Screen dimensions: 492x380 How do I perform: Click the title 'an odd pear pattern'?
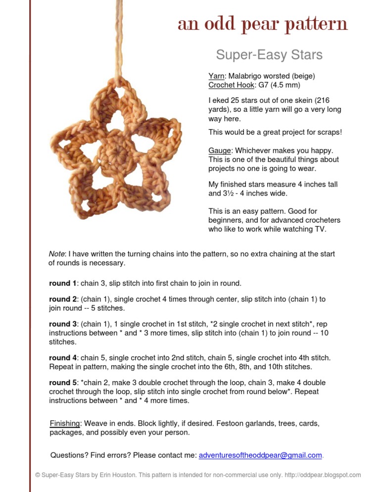click(262, 24)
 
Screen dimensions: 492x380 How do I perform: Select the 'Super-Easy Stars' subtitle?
click(269, 54)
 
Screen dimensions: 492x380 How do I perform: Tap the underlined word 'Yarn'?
click(216, 76)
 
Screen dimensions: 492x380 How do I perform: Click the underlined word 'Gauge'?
click(219, 150)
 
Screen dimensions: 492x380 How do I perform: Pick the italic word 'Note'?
click(56, 254)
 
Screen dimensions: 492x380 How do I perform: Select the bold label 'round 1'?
click(63, 283)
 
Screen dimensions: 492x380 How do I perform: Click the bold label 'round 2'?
click(63, 299)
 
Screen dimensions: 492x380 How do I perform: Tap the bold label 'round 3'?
click(63, 324)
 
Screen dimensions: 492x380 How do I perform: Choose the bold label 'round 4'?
click(63, 357)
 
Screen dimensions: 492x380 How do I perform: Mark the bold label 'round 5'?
click(63, 383)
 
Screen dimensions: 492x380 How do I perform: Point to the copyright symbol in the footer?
click(38, 475)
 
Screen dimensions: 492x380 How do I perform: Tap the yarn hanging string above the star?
click(107, 40)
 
